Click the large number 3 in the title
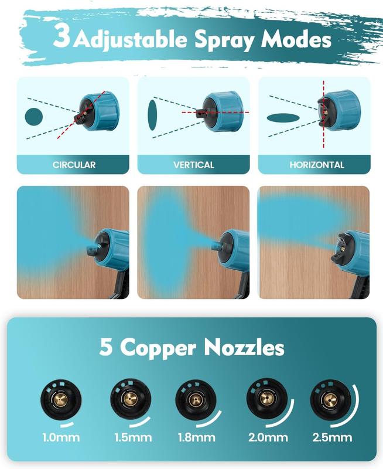pyautogui.click(x=61, y=36)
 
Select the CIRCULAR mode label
pyautogui.click(x=74, y=165)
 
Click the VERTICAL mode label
pyautogui.click(x=194, y=165)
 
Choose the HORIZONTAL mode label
pyautogui.click(x=316, y=165)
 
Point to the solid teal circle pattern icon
pyautogui.click(x=35, y=115)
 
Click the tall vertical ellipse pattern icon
pyautogui.click(x=153, y=115)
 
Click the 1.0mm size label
pyautogui.click(x=60, y=437)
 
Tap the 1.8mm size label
pyautogui.click(x=197, y=437)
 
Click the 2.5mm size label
pyautogui.click(x=331, y=437)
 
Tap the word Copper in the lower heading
pyautogui.click(x=158, y=348)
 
